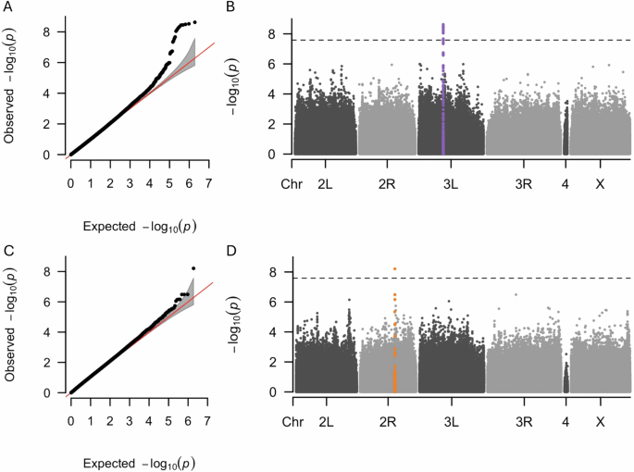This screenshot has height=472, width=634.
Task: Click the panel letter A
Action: click(8, 7)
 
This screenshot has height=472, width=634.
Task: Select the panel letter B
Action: click(230, 7)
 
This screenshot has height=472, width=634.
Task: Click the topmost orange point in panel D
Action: click(394, 268)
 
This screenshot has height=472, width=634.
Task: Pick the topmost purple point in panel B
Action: click(443, 25)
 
